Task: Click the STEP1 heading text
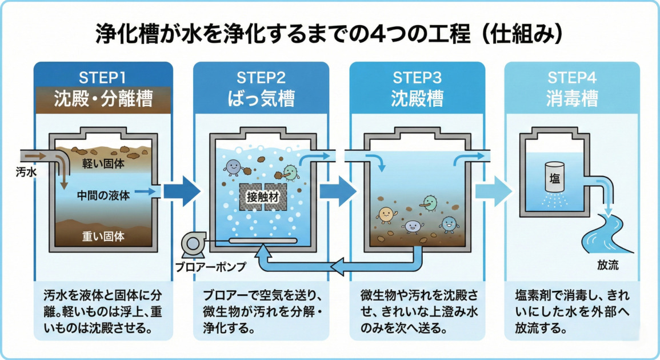[x=103, y=77]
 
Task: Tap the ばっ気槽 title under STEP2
[x=261, y=99]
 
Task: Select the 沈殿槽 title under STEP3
[x=417, y=99]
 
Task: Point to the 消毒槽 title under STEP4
[x=573, y=99]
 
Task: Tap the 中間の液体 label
[x=103, y=195]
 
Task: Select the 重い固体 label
[x=103, y=235]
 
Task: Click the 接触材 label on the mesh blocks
[x=262, y=197]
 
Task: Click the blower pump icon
[x=190, y=244]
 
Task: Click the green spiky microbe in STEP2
[x=290, y=172]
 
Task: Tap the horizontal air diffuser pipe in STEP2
[x=262, y=241]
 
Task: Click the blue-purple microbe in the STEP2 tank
[x=233, y=167]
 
